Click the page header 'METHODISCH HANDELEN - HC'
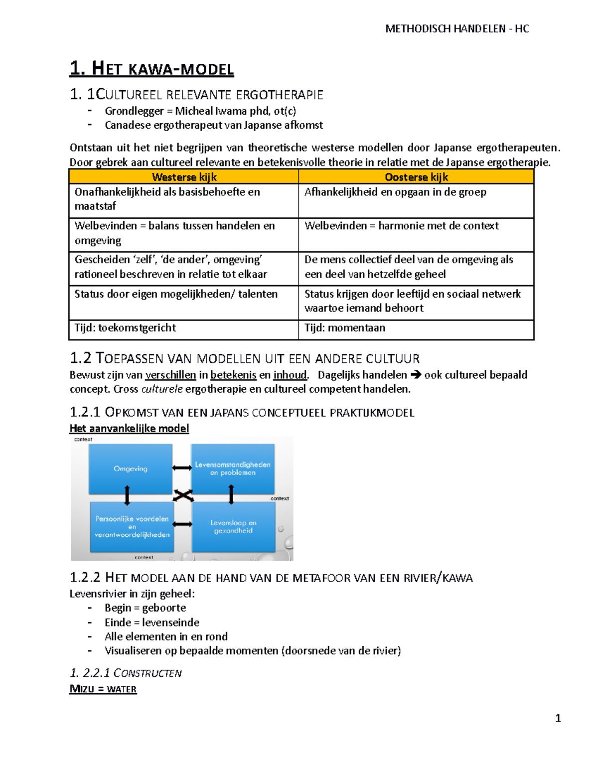[x=457, y=29]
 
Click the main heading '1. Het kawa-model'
[x=151, y=68]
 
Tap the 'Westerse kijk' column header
[x=184, y=177]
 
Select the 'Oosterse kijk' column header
[x=416, y=177]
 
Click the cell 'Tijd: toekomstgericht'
[x=125, y=328]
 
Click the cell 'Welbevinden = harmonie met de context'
[x=401, y=226]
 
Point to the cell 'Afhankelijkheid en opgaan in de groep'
[x=395, y=192]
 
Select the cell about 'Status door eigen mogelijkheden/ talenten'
[x=176, y=294]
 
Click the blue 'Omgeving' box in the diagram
[x=131, y=468]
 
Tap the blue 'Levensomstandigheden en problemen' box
[x=233, y=468]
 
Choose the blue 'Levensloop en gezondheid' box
[x=233, y=527]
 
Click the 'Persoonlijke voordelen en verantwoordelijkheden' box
[x=132, y=527]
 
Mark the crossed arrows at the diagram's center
[x=183, y=495]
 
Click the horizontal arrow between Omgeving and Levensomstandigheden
[x=182, y=467]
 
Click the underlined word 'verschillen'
[x=170, y=375]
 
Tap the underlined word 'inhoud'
[x=290, y=375]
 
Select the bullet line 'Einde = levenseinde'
[x=151, y=622]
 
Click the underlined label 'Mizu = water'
[x=103, y=689]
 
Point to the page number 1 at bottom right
[x=558, y=718]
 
